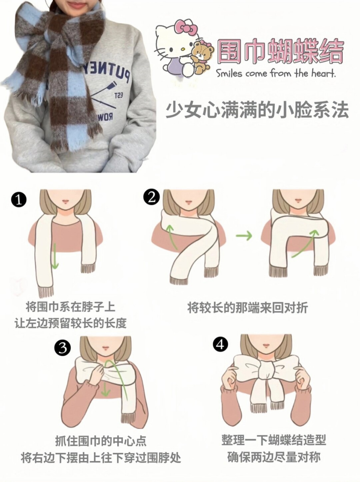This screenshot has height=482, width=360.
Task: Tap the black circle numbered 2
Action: pos(151,197)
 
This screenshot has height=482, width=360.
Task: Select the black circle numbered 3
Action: pos(62,348)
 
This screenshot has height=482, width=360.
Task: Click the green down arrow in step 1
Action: pos(55,256)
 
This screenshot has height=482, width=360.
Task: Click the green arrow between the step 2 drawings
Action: pos(244,236)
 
